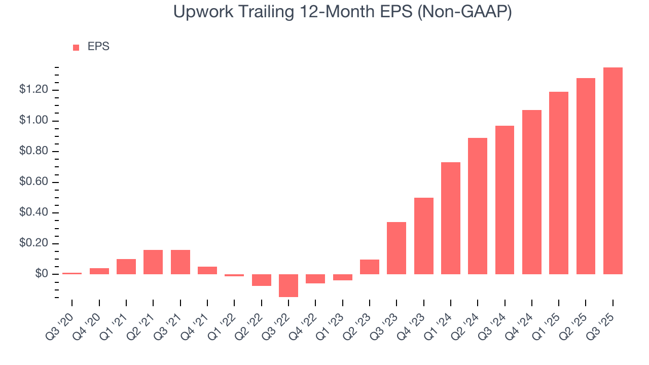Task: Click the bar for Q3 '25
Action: pos(613,171)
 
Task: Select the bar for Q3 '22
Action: pos(289,285)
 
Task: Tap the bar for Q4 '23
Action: pos(424,236)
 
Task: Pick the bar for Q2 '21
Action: pos(153,262)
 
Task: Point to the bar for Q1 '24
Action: pos(451,218)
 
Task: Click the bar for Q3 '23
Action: pos(396,248)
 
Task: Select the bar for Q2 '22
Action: pos(262,280)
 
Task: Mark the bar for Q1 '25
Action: pos(559,183)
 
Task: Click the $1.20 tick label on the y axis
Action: pos(33,90)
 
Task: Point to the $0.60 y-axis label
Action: pos(33,182)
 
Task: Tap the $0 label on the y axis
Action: pos(41,274)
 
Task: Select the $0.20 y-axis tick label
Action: pos(33,244)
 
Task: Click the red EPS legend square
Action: pos(76,47)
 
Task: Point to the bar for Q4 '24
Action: pos(532,192)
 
